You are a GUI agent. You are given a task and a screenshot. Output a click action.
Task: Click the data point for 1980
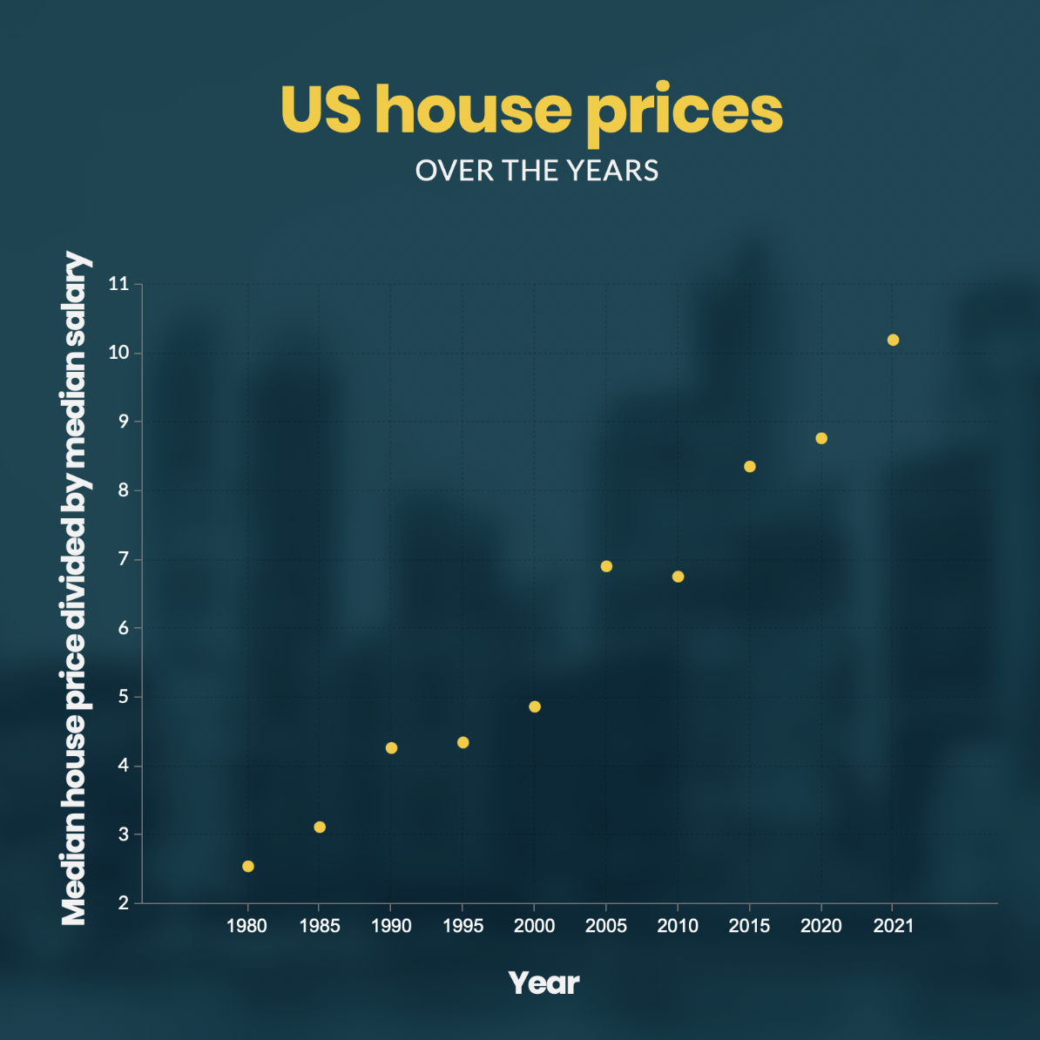248,866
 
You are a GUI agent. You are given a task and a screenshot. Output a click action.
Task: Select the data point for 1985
320,827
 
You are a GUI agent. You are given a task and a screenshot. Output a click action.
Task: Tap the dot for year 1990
391,748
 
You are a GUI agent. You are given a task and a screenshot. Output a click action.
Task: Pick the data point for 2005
606,566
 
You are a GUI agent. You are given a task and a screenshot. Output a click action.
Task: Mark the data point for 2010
679,577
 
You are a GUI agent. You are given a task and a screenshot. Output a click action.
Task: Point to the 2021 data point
893,340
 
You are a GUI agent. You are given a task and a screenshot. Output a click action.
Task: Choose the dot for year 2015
750,467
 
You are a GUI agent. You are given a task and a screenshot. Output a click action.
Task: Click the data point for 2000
535,706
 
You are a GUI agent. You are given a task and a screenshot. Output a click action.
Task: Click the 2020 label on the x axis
821,926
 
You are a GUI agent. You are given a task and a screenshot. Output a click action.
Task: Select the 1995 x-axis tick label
463,926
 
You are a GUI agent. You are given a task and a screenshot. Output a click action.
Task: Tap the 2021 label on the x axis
893,926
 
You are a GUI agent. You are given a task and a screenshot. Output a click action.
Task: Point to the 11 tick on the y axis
118,284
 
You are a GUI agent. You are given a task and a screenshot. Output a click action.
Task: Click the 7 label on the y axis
123,559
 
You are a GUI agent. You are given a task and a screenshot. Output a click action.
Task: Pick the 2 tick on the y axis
123,903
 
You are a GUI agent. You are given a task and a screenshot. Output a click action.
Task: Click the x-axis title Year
544,983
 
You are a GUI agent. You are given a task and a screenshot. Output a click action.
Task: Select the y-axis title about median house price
75,589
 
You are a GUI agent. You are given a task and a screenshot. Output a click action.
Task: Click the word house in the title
473,110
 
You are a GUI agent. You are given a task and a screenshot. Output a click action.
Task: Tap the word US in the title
321,110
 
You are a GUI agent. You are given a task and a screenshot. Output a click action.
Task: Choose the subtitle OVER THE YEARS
537,171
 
